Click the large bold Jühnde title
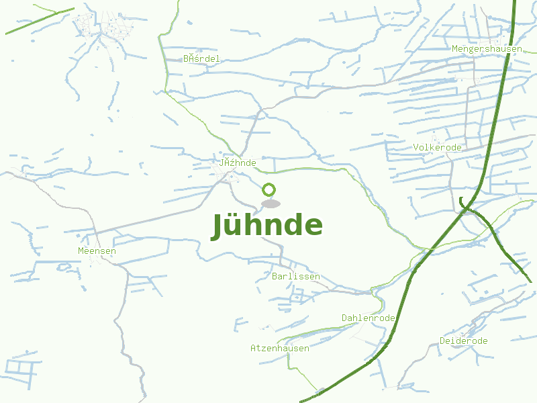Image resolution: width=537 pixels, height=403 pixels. [267, 225]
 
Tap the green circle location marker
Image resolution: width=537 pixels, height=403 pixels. [269, 189]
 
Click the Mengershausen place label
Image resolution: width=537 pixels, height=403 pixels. [487, 49]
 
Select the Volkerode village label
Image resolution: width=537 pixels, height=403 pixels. [438, 147]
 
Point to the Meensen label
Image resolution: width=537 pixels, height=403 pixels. [97, 251]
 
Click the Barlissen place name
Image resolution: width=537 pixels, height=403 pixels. [296, 276]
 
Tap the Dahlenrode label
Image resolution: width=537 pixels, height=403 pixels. [368, 318]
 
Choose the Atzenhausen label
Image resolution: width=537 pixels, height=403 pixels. [279, 348]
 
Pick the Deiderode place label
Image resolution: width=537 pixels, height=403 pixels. [463, 341]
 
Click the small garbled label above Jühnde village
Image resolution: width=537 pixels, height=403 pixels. [238, 163]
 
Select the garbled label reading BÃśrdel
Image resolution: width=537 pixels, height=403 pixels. [201, 58]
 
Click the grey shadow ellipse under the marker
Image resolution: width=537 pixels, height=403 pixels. [271, 204]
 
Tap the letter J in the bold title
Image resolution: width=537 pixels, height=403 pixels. [217, 226]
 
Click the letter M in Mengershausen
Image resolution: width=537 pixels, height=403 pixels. [455, 49]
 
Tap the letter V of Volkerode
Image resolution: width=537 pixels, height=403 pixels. [416, 147]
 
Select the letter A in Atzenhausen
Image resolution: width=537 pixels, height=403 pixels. [253, 348]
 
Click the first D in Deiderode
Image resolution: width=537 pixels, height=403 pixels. [442, 341]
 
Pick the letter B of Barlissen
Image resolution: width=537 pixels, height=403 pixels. [275, 276]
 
